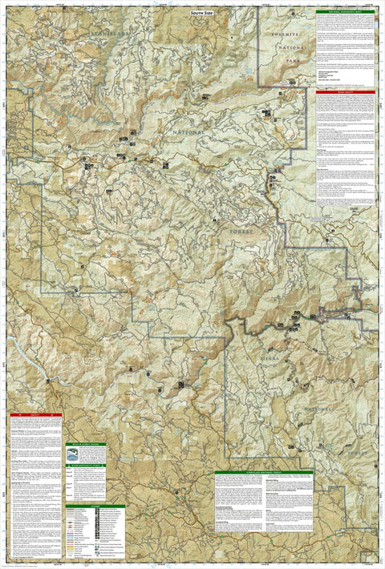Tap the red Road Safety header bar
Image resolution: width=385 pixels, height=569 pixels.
345,93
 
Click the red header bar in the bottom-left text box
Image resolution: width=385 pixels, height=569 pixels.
35,415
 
